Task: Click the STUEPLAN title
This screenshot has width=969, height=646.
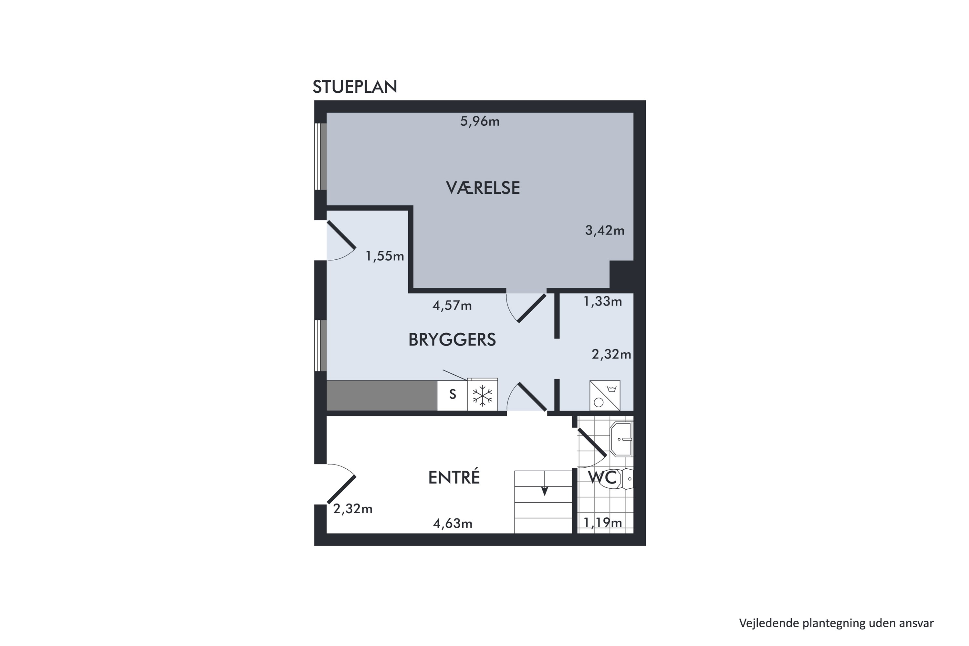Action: [355, 87]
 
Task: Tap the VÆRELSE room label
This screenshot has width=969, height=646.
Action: [483, 188]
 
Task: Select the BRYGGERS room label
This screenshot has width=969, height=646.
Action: [452, 339]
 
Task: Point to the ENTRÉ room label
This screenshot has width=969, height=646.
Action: [454, 477]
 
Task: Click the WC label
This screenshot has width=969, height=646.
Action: [602, 477]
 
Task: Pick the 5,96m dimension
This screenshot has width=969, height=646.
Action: [480, 121]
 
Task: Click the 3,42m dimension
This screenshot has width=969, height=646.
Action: [605, 230]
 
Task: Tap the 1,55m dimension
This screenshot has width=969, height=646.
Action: [385, 256]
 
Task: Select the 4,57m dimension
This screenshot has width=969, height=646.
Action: [452, 306]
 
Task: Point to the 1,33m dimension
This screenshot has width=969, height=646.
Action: [603, 302]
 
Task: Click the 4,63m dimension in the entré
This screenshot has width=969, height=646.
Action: [453, 524]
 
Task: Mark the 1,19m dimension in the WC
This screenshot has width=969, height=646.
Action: [603, 523]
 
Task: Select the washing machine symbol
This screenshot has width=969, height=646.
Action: [605, 395]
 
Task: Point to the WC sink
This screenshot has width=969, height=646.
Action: [621, 439]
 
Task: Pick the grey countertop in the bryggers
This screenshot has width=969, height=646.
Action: [382, 395]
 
